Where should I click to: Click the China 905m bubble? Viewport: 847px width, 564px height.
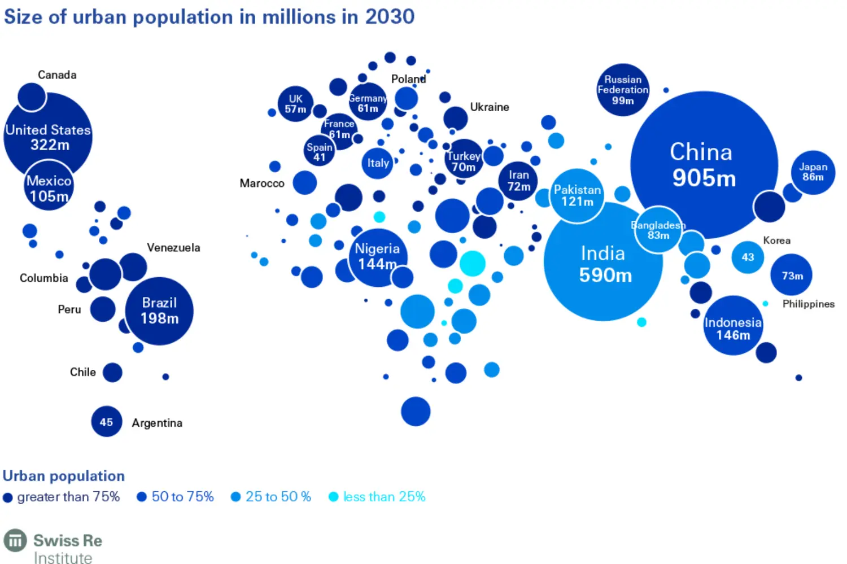click(x=704, y=165)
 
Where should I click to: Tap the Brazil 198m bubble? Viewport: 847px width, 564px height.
click(x=159, y=311)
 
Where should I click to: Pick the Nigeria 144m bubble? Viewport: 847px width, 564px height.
click(x=377, y=257)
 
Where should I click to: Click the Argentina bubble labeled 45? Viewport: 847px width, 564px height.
click(x=106, y=422)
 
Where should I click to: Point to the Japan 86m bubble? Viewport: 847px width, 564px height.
click(x=813, y=172)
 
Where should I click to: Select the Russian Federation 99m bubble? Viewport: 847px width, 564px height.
click(x=623, y=90)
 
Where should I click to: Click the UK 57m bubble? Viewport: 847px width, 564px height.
click(x=295, y=104)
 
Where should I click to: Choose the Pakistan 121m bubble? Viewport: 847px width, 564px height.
click(x=577, y=195)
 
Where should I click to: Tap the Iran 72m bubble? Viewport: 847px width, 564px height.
click(x=518, y=181)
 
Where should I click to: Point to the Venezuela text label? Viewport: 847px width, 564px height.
click(x=173, y=247)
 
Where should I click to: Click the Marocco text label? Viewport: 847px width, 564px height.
click(x=262, y=183)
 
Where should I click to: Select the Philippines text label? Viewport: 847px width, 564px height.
click(x=808, y=304)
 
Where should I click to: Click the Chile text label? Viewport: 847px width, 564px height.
click(x=82, y=372)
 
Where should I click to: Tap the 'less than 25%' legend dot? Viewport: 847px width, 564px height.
click(x=333, y=497)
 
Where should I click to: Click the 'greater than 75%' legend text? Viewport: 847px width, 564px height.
click(x=68, y=497)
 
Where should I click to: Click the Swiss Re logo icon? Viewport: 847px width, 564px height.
click(x=15, y=540)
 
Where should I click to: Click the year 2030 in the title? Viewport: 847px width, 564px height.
click(x=390, y=17)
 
